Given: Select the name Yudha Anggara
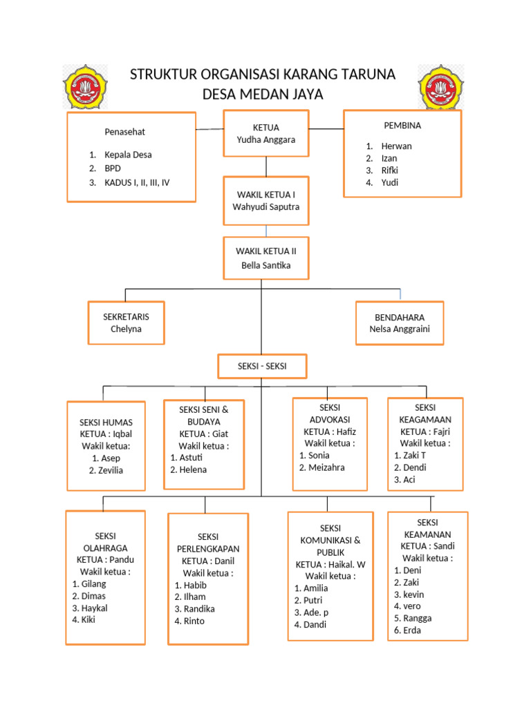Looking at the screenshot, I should pos(266,139).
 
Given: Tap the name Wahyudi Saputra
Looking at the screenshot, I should pos(266,207).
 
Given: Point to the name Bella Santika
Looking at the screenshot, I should pos(266,265).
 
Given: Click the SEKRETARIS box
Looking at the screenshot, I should pos(126,322).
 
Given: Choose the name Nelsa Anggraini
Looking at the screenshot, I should pos(399,329).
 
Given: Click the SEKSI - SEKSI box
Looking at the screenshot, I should pos(262,367).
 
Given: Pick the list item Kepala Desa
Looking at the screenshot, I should pos(128,155).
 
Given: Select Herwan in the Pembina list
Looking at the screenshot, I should pos(396,146).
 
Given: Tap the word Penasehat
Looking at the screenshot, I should pos(124,131).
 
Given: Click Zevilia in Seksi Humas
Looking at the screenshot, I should pos(109,470).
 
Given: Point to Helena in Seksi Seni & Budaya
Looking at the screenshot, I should pos(193,469).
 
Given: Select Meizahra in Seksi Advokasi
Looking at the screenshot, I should pos(326,467).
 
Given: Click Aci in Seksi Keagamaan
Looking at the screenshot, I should pos(409,479).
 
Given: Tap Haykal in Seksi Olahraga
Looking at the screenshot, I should pos(94,608).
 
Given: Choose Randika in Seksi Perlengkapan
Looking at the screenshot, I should pos(199,608).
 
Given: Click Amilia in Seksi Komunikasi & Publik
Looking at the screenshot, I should pos(315,588).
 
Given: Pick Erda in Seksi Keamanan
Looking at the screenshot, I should pos(412,630).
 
